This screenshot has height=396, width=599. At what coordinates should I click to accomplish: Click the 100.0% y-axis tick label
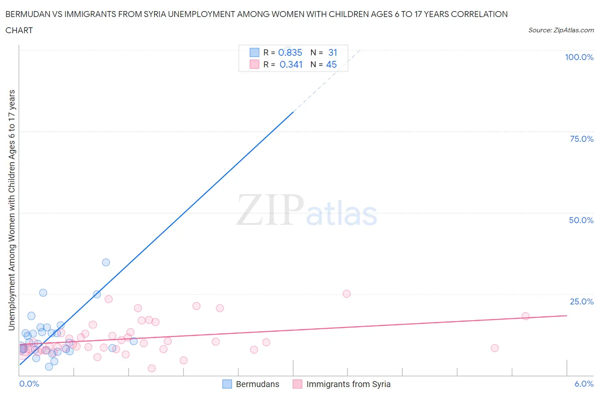click(579, 57)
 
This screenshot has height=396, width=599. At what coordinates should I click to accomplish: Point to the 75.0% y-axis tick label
click(582, 139)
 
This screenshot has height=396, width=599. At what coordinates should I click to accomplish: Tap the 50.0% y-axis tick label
click(581, 220)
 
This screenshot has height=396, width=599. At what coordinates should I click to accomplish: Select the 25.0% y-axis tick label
click(582, 301)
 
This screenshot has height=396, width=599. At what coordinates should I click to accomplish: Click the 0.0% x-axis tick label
click(29, 384)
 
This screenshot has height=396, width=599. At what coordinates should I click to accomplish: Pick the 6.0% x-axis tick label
click(584, 384)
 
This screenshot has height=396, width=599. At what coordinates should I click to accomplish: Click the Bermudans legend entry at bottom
click(251, 384)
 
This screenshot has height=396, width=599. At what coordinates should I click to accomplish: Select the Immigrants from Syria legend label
click(348, 384)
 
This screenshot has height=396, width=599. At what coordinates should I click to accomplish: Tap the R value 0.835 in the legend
click(290, 53)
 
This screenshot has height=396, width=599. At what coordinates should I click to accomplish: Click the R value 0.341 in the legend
click(291, 64)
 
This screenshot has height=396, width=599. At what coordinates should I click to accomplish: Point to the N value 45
click(331, 64)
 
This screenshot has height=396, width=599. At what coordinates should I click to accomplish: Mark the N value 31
click(332, 53)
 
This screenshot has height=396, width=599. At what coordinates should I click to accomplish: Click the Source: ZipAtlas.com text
click(561, 30)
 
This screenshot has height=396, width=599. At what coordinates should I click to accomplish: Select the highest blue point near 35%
click(106, 262)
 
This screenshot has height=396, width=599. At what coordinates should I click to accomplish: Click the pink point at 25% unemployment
click(346, 294)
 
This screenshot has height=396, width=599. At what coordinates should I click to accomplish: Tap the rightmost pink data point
click(525, 316)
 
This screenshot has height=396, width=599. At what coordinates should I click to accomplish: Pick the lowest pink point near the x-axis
click(152, 368)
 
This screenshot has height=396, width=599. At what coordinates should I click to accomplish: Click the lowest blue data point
click(49, 367)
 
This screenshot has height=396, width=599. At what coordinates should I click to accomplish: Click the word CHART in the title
click(19, 31)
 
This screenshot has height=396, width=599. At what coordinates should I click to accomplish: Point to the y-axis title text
click(12, 210)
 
